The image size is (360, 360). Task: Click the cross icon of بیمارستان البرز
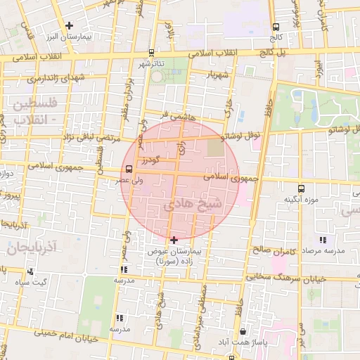point(69,26)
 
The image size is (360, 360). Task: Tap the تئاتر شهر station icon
point(152,53)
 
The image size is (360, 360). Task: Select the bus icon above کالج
point(276,27)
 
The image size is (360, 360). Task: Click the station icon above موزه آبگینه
point(302,188)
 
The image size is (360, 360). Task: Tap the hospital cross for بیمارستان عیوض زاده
point(174,240)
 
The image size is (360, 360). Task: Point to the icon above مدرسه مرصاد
point(323,240)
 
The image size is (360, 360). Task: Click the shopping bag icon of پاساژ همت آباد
point(243,331)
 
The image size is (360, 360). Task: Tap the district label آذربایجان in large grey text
point(24,247)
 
